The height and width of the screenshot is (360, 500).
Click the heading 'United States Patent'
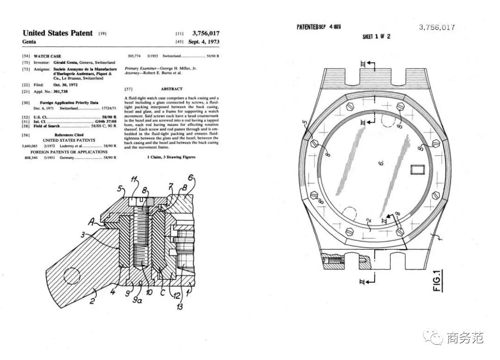[x=57, y=33]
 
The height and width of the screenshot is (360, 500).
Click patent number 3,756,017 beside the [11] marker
[x=204, y=33]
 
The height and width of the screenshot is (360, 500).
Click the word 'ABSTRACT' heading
[x=171, y=88]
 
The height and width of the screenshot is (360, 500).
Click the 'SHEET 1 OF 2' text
[x=376, y=37]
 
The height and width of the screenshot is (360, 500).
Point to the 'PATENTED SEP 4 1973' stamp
[x=319, y=27]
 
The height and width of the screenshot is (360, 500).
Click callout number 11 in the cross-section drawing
[x=134, y=180]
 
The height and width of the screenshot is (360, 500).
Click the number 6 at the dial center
[x=381, y=163]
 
